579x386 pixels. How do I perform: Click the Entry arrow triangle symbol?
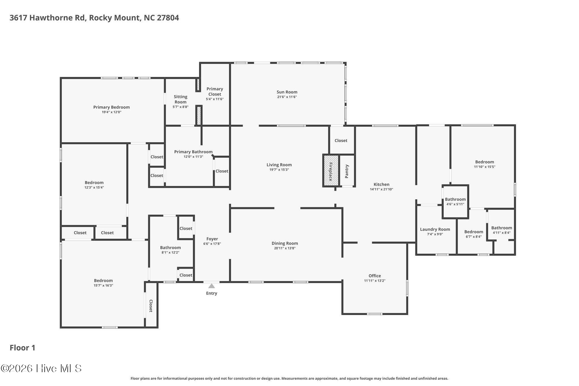[x=211, y=286]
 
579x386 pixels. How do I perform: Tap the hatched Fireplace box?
[x=330, y=171]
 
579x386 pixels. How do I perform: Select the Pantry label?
[x=347, y=171]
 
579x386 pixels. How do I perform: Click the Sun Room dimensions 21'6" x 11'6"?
[x=287, y=97]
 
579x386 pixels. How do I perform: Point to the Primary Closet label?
[x=215, y=91]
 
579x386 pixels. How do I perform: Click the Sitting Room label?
[x=180, y=99]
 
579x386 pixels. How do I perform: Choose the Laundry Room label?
[x=435, y=229]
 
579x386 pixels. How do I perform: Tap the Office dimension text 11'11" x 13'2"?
[x=375, y=281]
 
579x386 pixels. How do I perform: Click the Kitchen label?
[x=381, y=184]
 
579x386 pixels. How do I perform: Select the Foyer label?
[x=212, y=239]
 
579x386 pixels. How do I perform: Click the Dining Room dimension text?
[x=285, y=248]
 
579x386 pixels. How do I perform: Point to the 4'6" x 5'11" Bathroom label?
[x=455, y=199]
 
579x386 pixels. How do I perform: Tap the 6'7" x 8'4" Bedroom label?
[x=474, y=232]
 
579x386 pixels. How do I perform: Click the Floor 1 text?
[x=23, y=348]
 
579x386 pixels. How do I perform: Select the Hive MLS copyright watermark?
[x=41, y=368]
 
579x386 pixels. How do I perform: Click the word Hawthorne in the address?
[x=57, y=18]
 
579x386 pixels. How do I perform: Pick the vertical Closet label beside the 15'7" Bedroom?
[x=151, y=306]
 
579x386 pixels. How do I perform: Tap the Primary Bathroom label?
[x=193, y=152]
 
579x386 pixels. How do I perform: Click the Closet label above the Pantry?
[x=341, y=141]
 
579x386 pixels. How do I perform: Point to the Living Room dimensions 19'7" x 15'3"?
[x=279, y=170]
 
